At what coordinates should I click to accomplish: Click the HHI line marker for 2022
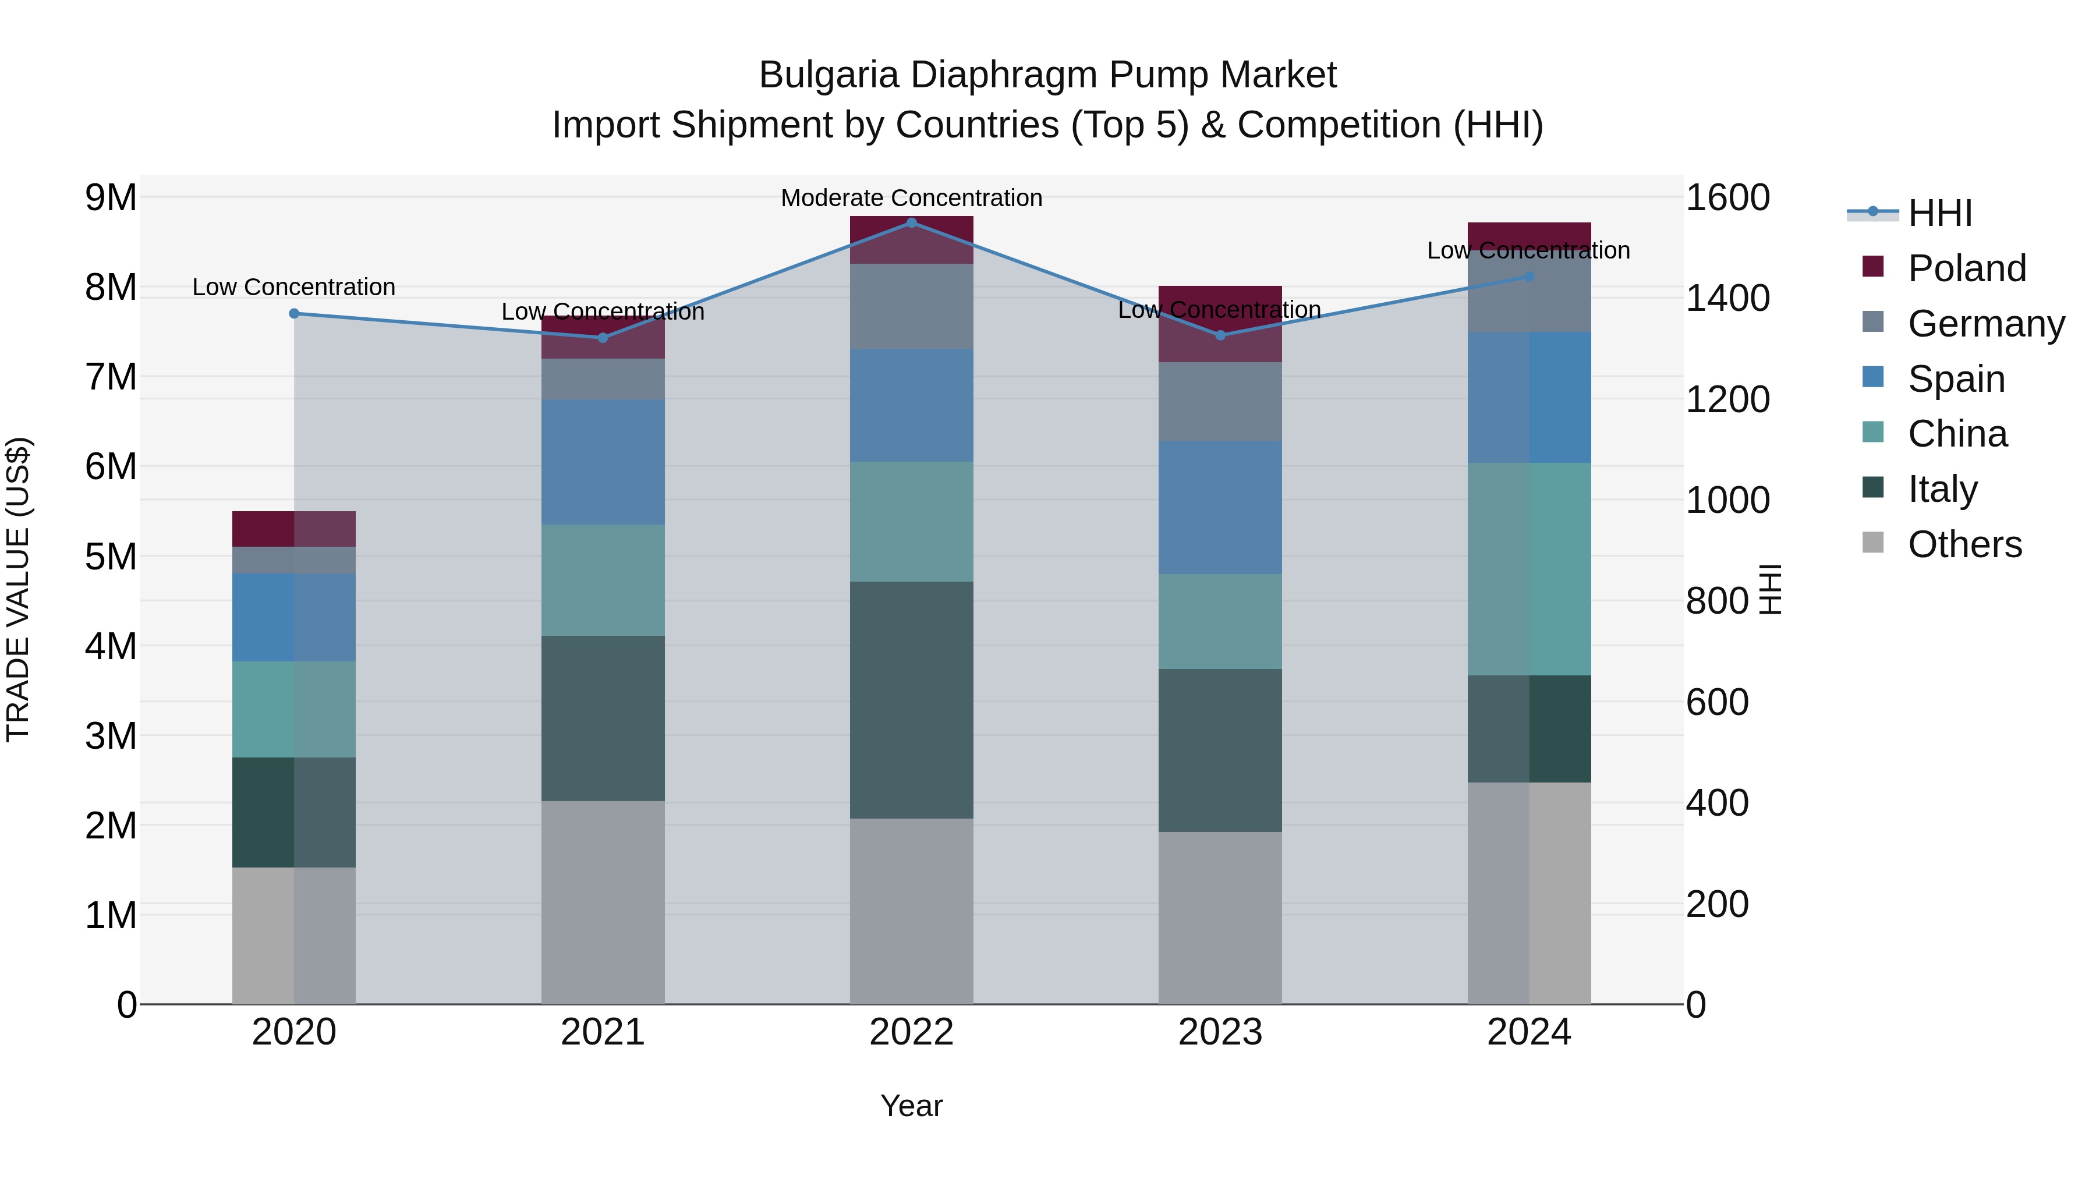(x=911, y=223)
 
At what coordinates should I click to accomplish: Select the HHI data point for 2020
(x=295, y=313)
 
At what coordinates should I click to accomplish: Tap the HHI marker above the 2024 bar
(x=1529, y=277)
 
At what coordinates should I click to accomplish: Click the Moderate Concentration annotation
(x=911, y=198)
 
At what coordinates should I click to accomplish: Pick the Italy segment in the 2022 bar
(x=911, y=700)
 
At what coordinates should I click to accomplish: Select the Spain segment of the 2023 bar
(x=1220, y=508)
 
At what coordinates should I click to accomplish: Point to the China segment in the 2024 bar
(x=1529, y=569)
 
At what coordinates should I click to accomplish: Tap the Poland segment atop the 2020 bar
(x=295, y=529)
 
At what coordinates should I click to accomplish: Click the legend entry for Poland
(x=1967, y=268)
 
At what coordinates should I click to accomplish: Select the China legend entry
(x=1957, y=434)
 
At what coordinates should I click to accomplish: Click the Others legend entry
(x=1964, y=544)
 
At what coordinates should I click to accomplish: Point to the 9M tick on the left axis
(x=111, y=198)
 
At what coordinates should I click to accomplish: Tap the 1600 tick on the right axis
(x=1727, y=198)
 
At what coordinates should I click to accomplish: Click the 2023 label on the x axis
(x=1220, y=1032)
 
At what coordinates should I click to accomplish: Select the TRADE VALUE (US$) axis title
(x=18, y=589)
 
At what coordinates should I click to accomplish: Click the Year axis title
(x=911, y=1106)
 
